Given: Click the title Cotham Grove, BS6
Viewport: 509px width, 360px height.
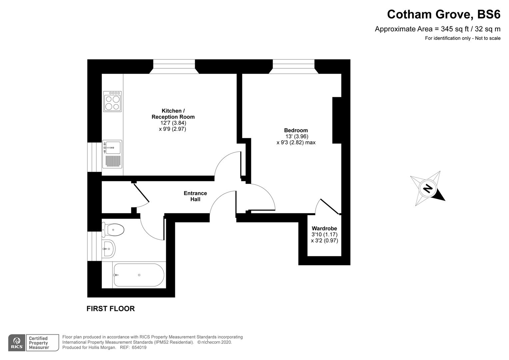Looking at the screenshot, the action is click(444, 14).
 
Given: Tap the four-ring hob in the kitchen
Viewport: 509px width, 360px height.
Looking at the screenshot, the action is click(112, 101).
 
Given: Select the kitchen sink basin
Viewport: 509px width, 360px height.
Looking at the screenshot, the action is click(112, 148).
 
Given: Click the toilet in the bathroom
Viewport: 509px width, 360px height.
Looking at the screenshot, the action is click(113, 230).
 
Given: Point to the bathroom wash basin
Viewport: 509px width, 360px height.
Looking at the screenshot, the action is click(109, 249).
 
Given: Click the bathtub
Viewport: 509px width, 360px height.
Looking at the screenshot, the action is click(139, 275).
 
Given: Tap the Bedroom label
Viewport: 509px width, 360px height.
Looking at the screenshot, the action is click(296, 130).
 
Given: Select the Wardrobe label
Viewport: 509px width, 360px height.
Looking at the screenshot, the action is click(324, 228).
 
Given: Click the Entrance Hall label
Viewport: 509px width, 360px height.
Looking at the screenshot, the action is click(196, 196).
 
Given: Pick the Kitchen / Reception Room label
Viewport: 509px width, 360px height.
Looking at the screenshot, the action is click(173, 114).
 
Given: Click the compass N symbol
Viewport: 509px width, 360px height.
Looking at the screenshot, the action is click(427, 189).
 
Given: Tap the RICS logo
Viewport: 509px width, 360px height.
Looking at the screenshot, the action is click(17, 343).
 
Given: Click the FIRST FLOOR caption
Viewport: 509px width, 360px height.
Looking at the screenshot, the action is click(111, 309).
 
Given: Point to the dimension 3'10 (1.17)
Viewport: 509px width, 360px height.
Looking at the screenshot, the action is click(324, 234).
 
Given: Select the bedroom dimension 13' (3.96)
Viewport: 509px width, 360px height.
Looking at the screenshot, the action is click(297, 136).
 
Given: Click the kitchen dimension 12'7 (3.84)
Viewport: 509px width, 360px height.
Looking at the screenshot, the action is click(173, 123).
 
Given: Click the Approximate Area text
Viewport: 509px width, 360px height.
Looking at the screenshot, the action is click(438, 29).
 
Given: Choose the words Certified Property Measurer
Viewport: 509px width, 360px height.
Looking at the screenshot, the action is click(39, 343).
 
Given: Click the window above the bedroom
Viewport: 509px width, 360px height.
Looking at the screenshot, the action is click(293, 66).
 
